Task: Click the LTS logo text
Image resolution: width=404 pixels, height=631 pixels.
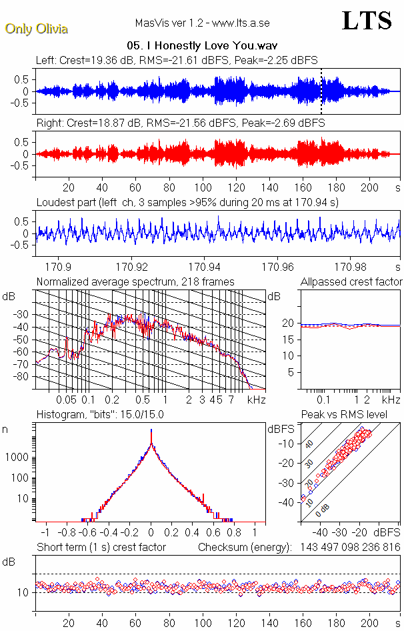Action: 366,21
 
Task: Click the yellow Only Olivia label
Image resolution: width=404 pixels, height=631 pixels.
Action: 36,29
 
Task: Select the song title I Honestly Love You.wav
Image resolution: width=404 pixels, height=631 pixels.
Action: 202,45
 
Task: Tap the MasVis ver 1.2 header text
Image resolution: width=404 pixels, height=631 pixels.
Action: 202,23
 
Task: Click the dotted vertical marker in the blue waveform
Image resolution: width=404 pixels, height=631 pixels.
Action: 321,91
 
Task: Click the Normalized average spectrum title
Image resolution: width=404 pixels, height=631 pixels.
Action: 135,281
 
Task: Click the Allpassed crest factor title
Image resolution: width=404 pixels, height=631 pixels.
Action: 351,281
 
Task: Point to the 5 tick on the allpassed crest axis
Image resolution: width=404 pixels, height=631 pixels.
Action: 291,372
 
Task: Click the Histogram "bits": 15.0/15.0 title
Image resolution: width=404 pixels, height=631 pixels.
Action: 100,414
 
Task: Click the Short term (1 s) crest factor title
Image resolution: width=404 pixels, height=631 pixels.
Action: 101,547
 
